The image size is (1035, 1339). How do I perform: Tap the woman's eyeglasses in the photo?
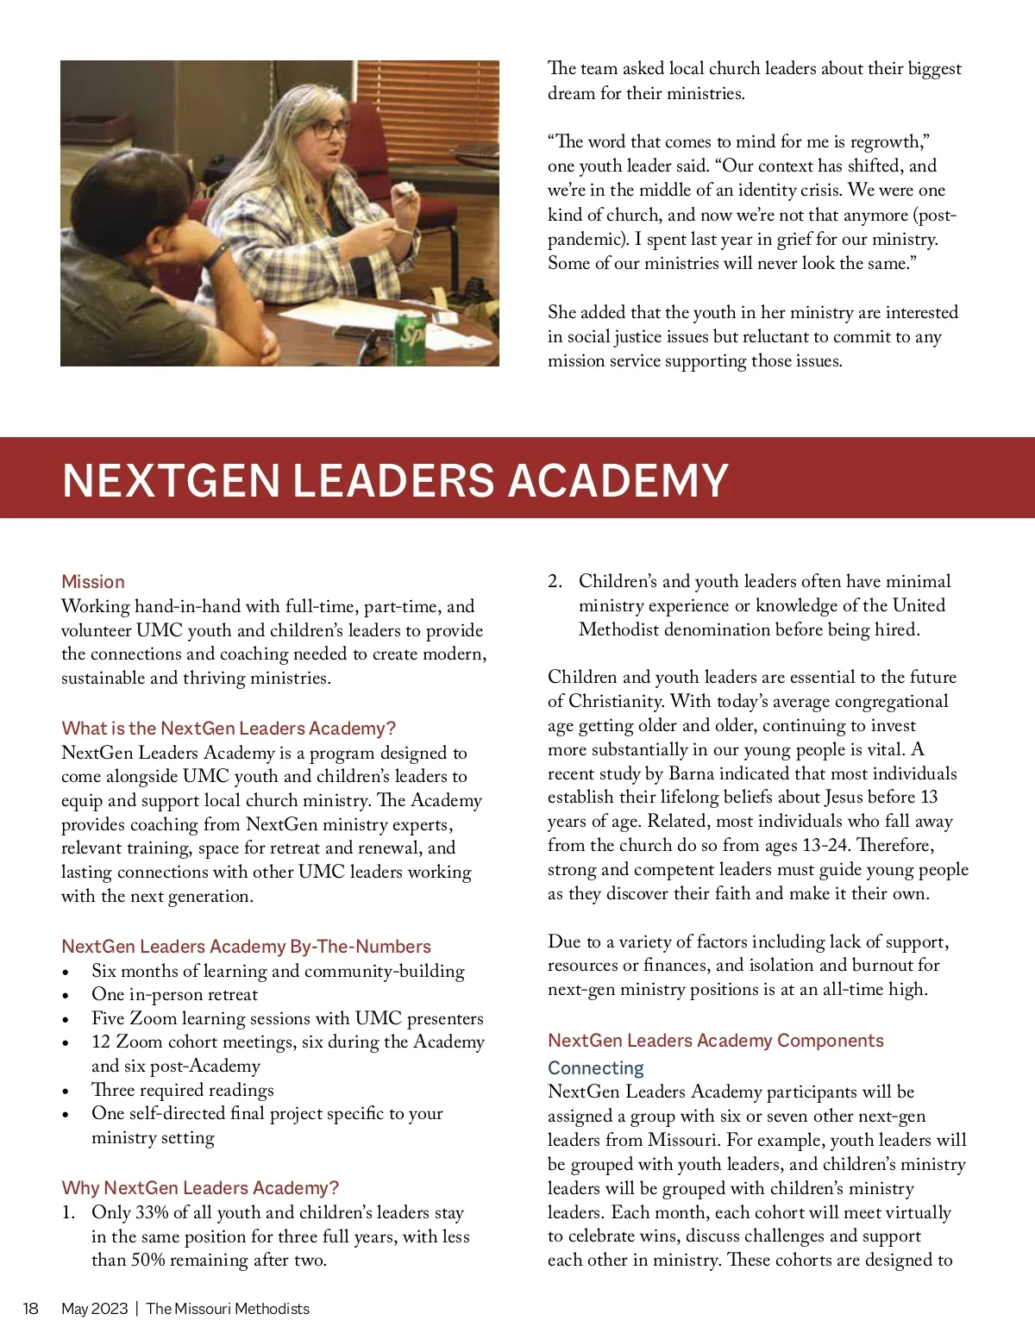[x=329, y=130]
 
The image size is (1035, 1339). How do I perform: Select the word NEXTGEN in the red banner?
[x=171, y=480]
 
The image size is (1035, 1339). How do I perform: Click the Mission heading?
[x=93, y=582]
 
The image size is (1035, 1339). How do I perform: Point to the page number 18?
[x=30, y=1309]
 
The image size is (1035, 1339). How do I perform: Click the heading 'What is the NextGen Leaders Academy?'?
[x=229, y=729]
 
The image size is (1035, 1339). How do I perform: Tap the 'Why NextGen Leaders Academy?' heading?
[x=200, y=1188]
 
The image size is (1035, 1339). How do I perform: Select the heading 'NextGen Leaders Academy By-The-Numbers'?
[x=246, y=947]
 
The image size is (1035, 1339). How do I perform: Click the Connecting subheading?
[x=596, y=1068]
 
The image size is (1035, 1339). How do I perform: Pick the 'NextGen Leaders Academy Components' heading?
[x=715, y=1041]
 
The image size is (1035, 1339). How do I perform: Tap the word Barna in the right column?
[x=691, y=773]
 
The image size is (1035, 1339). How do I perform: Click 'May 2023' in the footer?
[x=94, y=1309]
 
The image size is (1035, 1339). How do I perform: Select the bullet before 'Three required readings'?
[x=66, y=1092]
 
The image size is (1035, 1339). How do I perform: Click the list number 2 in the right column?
[x=555, y=582]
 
